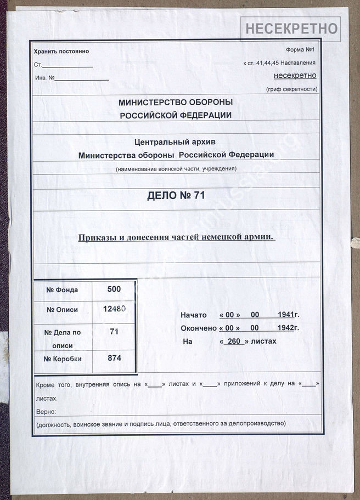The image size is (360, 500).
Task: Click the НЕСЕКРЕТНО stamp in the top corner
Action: pyautogui.click(x=290, y=29)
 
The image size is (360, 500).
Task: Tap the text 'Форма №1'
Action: pyautogui.click(x=301, y=50)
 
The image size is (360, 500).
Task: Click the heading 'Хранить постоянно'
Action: pyautogui.click(x=61, y=52)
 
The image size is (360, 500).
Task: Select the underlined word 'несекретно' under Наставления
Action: pyautogui.click(x=295, y=76)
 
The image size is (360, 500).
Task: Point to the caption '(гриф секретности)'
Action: pyautogui.click(x=291, y=89)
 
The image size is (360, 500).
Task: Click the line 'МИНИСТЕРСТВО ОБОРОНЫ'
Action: pyautogui.click(x=176, y=103)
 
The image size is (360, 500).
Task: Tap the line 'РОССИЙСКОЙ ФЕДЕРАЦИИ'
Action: pyautogui.click(x=176, y=115)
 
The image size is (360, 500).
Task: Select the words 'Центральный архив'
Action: pyautogui.click(x=176, y=141)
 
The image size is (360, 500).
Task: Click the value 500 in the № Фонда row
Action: pyautogui.click(x=114, y=289)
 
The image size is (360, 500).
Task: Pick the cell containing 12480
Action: pyautogui.click(x=114, y=309)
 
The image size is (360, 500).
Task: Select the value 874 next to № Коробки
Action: pyautogui.click(x=114, y=358)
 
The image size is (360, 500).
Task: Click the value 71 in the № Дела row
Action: pyautogui.click(x=114, y=332)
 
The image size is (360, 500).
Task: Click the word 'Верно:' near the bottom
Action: pyautogui.click(x=45, y=411)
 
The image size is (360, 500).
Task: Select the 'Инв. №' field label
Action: pyautogui.click(x=44, y=78)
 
